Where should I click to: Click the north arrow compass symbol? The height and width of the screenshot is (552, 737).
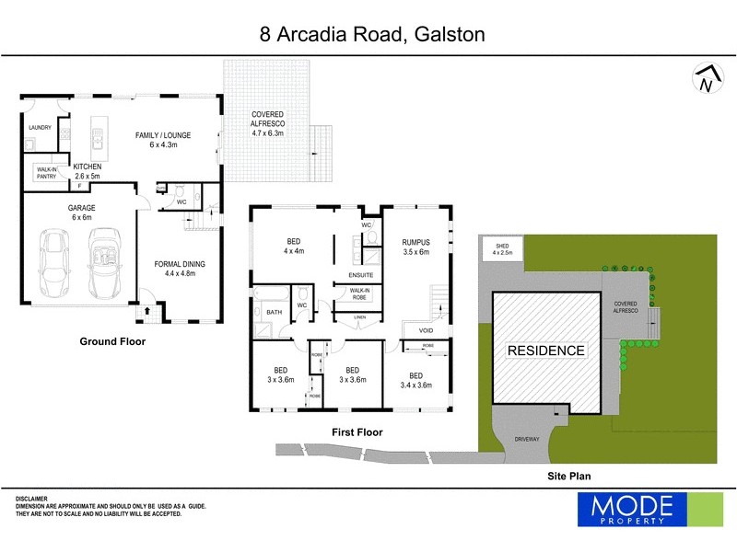705,80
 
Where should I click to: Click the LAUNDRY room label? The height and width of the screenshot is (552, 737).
40,128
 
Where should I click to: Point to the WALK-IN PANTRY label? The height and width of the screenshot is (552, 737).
47,172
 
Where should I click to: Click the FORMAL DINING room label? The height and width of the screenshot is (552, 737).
180,269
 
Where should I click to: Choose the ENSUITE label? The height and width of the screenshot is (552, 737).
360,274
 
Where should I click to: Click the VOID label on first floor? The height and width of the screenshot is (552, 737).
426,330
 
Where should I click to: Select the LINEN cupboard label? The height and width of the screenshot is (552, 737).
359,319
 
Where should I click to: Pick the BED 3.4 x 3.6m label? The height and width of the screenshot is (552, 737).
415,381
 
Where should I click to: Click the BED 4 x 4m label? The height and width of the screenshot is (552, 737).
294,246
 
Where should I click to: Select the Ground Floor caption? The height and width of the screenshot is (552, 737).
111,341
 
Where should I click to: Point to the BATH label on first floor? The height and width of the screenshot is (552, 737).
274,313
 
